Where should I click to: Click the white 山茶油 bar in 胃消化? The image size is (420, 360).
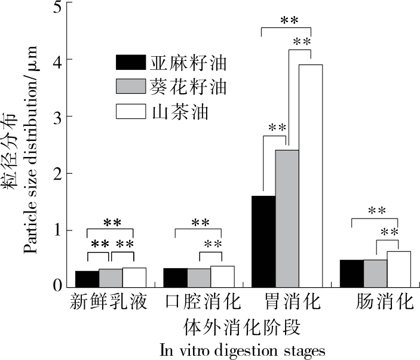(311, 176)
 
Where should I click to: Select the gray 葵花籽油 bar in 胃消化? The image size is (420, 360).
(287, 219)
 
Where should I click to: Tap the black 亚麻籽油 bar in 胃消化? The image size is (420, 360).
(264, 242)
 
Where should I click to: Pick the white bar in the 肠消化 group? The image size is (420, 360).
(398, 270)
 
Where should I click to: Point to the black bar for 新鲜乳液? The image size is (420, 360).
(87, 279)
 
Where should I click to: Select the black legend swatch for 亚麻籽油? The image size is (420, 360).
(130, 63)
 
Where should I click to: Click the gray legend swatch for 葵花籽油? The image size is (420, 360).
(130, 87)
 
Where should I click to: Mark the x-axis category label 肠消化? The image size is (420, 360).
(384, 301)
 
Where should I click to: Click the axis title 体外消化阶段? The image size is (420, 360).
(241, 328)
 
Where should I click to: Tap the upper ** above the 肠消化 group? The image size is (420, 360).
(376, 211)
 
